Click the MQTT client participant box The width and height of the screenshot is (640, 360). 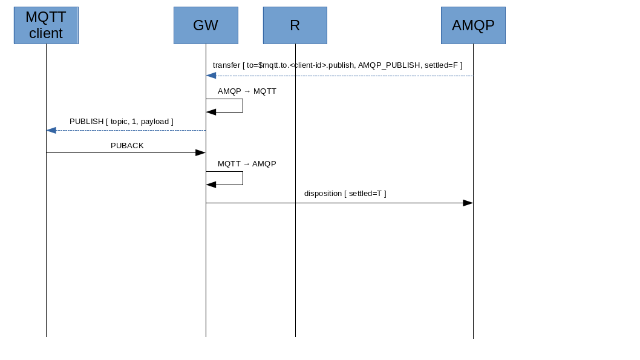(x=46, y=25)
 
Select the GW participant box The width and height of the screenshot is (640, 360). (x=206, y=25)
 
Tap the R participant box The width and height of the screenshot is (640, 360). (x=295, y=25)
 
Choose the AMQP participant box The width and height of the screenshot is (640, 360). (x=473, y=25)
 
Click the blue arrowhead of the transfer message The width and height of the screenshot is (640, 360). (x=211, y=76)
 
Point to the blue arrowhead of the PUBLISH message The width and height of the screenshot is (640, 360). (x=51, y=130)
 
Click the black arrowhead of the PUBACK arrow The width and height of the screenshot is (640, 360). (x=200, y=152)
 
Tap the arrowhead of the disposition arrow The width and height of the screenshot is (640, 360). (x=468, y=203)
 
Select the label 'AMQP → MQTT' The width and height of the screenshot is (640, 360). (x=247, y=91)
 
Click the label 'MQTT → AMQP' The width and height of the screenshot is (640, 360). (x=247, y=164)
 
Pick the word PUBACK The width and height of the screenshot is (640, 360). (x=127, y=146)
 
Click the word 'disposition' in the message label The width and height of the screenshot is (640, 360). (x=322, y=194)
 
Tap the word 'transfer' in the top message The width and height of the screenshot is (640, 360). (x=226, y=65)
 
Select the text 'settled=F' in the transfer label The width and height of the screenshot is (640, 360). (x=441, y=65)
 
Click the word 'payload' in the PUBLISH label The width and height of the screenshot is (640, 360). (x=154, y=122)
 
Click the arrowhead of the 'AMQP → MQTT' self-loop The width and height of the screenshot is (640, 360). (x=211, y=112)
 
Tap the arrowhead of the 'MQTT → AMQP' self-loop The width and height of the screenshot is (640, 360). (x=211, y=185)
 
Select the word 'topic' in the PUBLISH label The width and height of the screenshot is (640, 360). (x=119, y=122)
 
